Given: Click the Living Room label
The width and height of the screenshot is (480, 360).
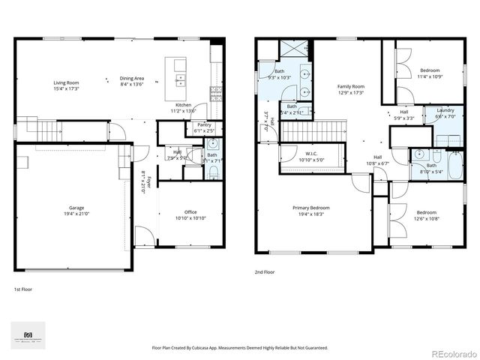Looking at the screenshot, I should [x=67, y=82].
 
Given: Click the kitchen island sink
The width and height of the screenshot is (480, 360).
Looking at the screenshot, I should [x=181, y=77].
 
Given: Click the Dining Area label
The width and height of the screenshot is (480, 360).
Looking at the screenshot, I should [x=131, y=79].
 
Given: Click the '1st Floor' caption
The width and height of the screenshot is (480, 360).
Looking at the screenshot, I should [x=23, y=289].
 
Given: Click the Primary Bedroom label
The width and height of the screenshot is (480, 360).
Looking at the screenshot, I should [x=310, y=208].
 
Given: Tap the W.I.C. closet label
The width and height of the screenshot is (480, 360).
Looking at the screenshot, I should [x=309, y=155].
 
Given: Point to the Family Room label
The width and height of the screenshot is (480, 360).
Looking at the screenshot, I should [x=350, y=88].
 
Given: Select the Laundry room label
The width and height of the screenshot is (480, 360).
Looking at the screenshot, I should [x=445, y=110].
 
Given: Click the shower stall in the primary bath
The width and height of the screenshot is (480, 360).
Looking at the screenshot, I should [x=292, y=50].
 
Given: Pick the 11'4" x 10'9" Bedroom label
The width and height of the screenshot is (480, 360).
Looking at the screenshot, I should [x=430, y=70].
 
